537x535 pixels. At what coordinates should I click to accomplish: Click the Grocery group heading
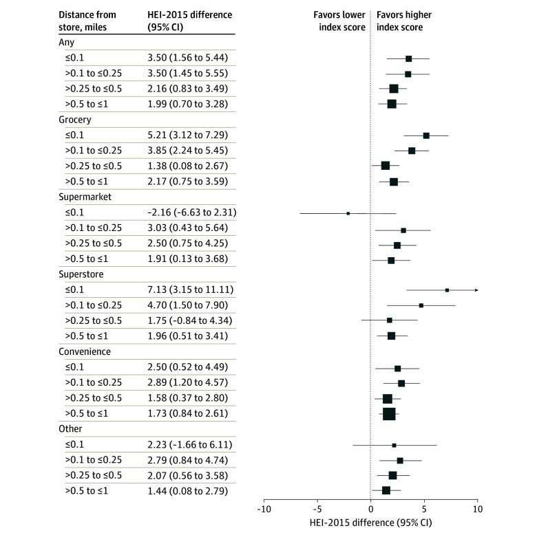(x=74, y=120)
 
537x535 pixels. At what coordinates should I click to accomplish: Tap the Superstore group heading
(x=81, y=274)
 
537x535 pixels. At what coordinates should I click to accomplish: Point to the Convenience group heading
(x=85, y=351)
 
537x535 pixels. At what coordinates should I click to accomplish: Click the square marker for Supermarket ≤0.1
(x=348, y=213)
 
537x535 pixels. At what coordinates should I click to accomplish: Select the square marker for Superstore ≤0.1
(x=447, y=290)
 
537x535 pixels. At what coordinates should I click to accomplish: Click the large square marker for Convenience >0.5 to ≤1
(x=389, y=413)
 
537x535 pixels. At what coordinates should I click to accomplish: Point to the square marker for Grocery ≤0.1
(x=426, y=135)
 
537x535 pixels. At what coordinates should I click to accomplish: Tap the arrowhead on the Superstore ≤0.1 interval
(x=476, y=290)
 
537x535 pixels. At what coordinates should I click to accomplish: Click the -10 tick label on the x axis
(x=262, y=510)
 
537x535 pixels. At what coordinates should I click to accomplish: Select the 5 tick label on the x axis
(x=424, y=510)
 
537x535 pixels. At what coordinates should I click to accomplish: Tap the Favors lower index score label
(x=336, y=21)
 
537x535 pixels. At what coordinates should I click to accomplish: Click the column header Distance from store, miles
(x=87, y=21)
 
